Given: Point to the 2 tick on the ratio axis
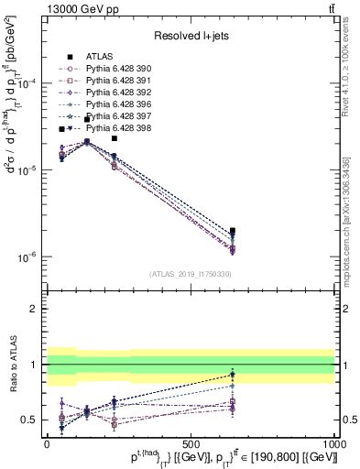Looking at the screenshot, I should click(x=33, y=309).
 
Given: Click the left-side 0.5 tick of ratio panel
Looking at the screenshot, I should click(x=28, y=420).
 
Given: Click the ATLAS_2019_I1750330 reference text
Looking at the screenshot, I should click(x=190, y=274).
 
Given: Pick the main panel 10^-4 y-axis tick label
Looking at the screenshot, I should click(x=26, y=83).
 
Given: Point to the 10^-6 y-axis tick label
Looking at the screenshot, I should click(x=26, y=257).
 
